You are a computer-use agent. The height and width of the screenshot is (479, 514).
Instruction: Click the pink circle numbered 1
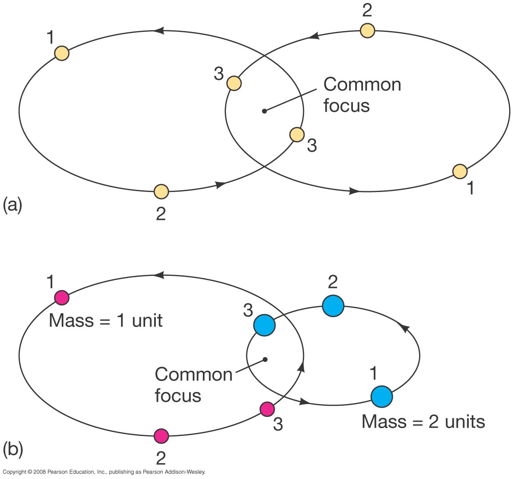point(62,297)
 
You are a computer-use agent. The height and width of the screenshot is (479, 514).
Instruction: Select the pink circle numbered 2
point(161,436)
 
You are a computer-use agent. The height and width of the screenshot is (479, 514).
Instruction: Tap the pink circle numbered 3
point(266,409)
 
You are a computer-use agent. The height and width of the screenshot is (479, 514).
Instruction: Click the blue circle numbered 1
point(381,397)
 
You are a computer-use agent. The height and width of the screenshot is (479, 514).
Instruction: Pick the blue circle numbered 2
point(333,306)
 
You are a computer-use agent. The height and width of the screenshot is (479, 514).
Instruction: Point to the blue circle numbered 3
point(265,325)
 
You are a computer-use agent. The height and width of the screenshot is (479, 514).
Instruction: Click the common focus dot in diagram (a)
point(264,111)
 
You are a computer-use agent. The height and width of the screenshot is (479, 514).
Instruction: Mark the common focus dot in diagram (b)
point(265,359)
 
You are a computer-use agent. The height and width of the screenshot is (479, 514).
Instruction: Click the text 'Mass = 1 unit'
point(106,320)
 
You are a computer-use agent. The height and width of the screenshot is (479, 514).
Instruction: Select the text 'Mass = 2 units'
point(423,421)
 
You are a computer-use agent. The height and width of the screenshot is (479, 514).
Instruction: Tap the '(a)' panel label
point(12,205)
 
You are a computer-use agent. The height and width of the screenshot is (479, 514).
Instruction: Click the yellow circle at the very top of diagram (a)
point(367,31)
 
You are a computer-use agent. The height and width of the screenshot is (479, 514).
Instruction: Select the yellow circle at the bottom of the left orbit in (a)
point(161,192)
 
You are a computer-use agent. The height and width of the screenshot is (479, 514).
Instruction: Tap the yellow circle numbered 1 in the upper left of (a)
point(62,53)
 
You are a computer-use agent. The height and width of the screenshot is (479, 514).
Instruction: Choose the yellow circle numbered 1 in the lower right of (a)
point(460,171)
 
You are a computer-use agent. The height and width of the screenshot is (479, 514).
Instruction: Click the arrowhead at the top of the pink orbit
point(158,275)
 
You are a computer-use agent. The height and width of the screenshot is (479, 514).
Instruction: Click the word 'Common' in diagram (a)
point(362,84)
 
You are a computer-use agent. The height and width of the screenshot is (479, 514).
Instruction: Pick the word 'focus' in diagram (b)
point(178,395)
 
